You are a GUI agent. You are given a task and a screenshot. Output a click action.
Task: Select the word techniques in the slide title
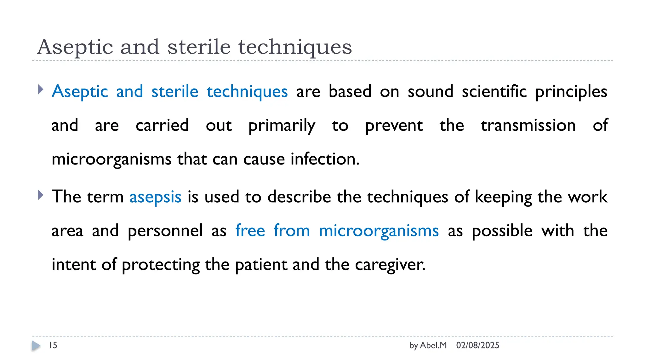tap(295, 47)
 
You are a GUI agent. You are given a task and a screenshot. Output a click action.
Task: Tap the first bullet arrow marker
tap(40, 89)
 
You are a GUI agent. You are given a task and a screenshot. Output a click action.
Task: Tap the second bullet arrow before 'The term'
tap(40, 195)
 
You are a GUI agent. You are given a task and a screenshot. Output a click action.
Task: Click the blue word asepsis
tap(155, 197)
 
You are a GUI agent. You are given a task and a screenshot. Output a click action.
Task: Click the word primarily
tap(282, 126)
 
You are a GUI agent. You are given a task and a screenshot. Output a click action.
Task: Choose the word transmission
tap(528, 125)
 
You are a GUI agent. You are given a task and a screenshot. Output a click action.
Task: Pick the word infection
tap(325, 159)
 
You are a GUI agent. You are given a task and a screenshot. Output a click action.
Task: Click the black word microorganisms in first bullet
tap(111, 159)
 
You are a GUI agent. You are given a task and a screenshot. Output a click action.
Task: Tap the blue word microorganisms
tap(379, 231)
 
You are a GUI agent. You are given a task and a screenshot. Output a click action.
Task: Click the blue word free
tap(250, 230)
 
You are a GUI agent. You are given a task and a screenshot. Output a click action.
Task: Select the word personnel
tap(165, 231)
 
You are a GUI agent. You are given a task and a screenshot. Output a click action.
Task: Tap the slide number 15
tap(53, 345)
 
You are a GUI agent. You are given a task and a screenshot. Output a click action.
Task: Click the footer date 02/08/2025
tap(477, 345)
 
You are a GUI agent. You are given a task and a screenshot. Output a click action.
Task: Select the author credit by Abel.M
tap(428, 345)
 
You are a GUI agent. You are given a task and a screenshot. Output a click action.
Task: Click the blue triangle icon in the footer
tap(36, 346)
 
